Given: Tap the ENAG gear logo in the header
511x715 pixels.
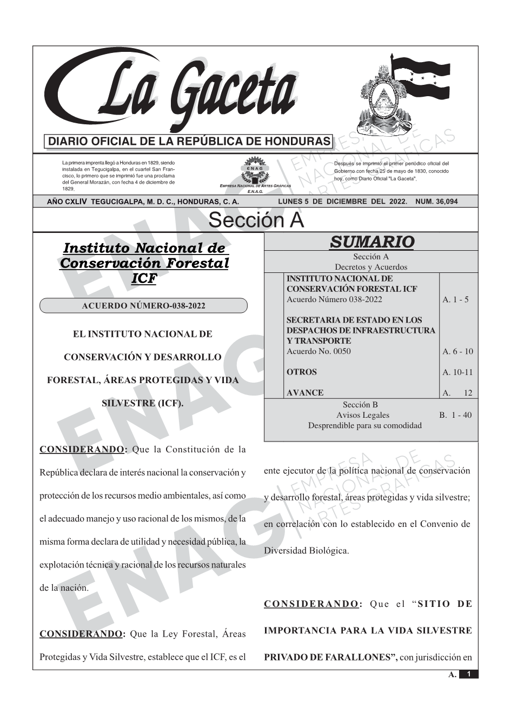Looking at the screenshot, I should coord(255,170).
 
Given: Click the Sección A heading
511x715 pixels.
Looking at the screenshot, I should coord(256,220).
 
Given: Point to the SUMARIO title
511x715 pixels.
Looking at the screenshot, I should coord(371,242).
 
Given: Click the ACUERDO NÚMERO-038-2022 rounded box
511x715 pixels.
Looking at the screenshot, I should coord(143,306).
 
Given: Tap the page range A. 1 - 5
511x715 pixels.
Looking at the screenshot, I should coord(455,299).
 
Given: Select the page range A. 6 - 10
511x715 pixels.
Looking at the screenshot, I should coord(457,351).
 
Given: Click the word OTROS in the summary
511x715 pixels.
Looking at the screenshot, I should coord(302,372).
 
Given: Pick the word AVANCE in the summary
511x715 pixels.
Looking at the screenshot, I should coord(305,393).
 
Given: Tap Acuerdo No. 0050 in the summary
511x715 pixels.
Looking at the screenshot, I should coord(318,351).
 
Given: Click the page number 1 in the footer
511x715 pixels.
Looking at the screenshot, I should coord(469,674).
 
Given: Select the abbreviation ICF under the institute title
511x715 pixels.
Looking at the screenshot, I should coord(144,278).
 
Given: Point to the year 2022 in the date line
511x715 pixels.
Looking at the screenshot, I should coord(397,202).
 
